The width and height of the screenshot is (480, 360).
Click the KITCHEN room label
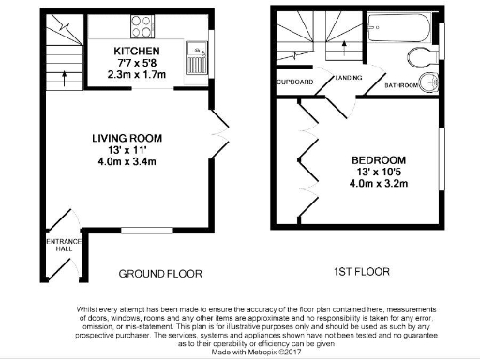pyautogui.click(x=137, y=51)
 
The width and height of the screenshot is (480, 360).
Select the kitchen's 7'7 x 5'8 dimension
pyautogui.click(x=137, y=62)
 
